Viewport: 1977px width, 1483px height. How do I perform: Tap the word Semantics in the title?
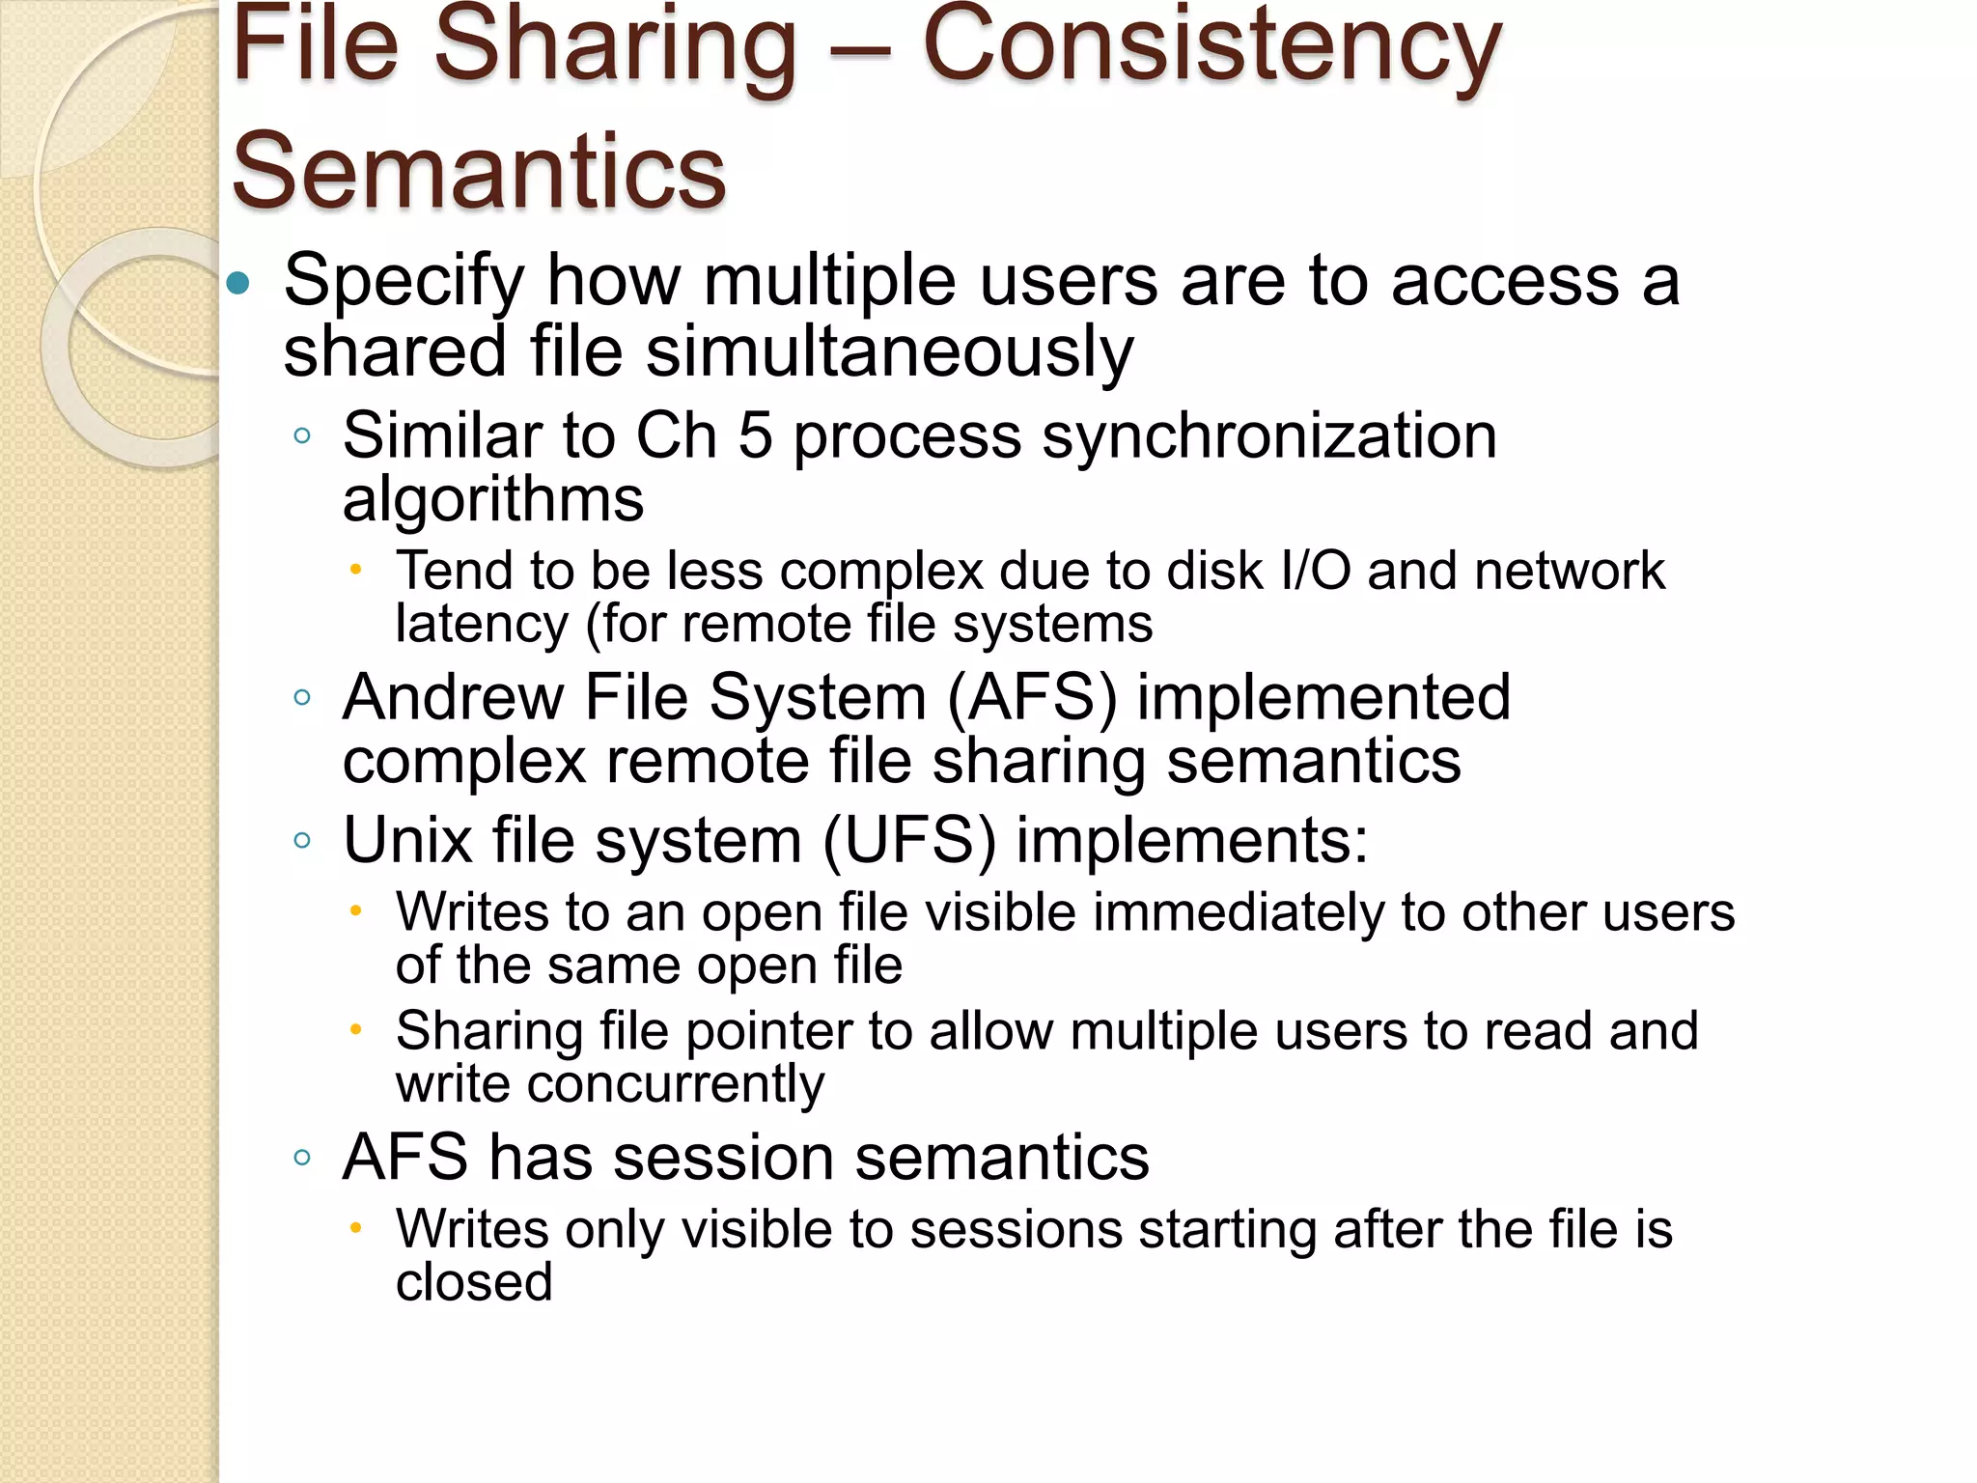479,172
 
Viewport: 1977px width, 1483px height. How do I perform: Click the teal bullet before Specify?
238,284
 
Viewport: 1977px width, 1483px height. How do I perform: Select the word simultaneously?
889,351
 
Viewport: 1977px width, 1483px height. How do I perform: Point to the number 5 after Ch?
755,435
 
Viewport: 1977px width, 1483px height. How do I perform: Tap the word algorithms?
493,500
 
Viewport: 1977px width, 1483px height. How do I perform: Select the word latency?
482,624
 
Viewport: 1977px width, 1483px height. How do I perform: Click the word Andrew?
453,697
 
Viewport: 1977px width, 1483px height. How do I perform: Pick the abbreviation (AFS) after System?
1031,697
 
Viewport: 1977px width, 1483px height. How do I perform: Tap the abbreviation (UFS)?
908,840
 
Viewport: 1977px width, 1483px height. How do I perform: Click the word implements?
1192,840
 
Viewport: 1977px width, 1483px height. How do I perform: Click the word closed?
474,1282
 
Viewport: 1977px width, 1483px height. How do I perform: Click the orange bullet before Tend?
355,570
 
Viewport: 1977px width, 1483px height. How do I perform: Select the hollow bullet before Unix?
302,840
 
